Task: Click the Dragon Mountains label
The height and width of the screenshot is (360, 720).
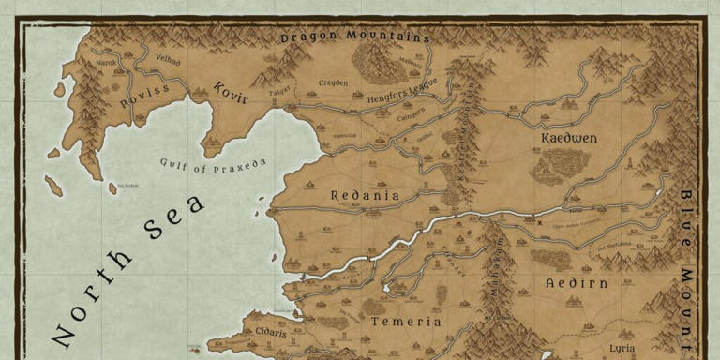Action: (x=355, y=37)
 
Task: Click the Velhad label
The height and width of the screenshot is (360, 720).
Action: (x=168, y=59)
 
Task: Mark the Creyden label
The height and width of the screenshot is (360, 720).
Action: (x=333, y=82)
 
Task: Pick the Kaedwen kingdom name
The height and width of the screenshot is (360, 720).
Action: (x=569, y=138)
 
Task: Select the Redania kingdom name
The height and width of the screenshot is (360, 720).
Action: (x=366, y=196)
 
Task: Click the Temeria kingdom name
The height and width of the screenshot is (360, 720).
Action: (x=406, y=321)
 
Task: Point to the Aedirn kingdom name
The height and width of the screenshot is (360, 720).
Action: (x=577, y=282)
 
